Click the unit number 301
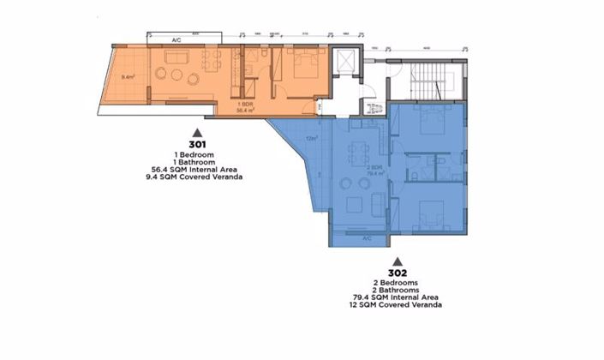tap(197, 144)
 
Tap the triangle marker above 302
tap(396, 260)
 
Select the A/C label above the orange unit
tap(176, 40)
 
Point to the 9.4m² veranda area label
tap(129, 78)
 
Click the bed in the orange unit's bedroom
tap(302, 64)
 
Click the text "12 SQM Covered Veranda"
tap(396, 305)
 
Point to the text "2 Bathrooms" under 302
tap(396, 290)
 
